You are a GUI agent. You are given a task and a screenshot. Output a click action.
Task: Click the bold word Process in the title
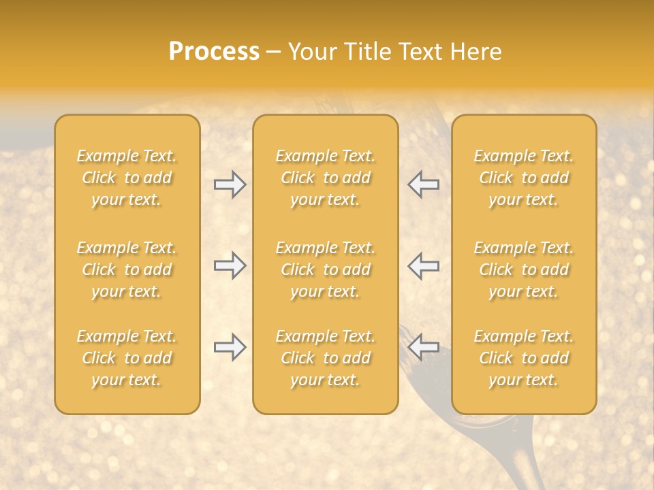click(x=214, y=52)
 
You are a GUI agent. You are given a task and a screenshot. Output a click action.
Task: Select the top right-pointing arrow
click(x=230, y=184)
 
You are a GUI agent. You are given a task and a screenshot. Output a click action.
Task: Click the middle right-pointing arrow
click(x=230, y=265)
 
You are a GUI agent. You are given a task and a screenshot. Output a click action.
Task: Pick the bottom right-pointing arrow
click(x=230, y=347)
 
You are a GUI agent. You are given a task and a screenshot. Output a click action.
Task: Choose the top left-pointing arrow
click(x=424, y=184)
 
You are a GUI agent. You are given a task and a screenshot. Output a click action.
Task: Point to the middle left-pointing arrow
click(x=424, y=265)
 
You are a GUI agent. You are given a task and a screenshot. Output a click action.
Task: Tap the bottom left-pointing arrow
click(x=424, y=347)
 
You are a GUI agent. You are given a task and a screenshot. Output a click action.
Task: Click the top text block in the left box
click(x=127, y=178)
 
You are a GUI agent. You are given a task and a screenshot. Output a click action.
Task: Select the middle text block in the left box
click(x=127, y=269)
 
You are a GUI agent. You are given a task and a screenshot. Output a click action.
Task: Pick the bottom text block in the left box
click(x=127, y=358)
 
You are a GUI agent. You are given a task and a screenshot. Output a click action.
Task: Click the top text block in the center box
click(x=326, y=178)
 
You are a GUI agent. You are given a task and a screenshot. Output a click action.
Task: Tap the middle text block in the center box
click(x=326, y=269)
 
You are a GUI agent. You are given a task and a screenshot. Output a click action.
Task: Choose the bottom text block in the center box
click(x=326, y=358)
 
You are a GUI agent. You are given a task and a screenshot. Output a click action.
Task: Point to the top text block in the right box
click(x=524, y=178)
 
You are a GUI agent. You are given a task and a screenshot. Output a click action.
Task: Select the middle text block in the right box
click(x=524, y=269)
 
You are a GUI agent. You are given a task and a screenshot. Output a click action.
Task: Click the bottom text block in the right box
click(x=524, y=358)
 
